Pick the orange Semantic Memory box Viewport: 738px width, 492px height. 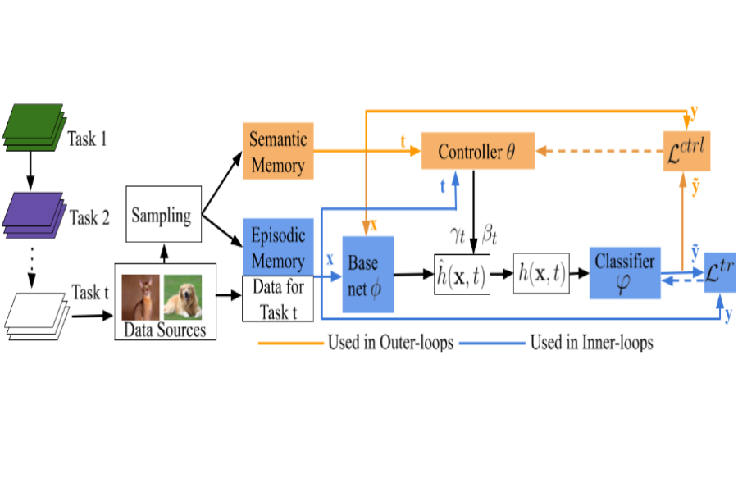(x=278, y=152)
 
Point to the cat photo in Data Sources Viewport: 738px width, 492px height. (x=141, y=296)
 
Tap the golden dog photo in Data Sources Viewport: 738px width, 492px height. (x=182, y=296)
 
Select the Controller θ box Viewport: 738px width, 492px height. (x=477, y=151)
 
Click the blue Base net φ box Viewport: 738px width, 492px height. (x=367, y=274)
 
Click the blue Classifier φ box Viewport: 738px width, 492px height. (x=625, y=273)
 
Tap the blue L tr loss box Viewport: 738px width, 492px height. (x=720, y=272)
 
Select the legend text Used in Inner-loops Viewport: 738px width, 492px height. (x=591, y=343)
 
